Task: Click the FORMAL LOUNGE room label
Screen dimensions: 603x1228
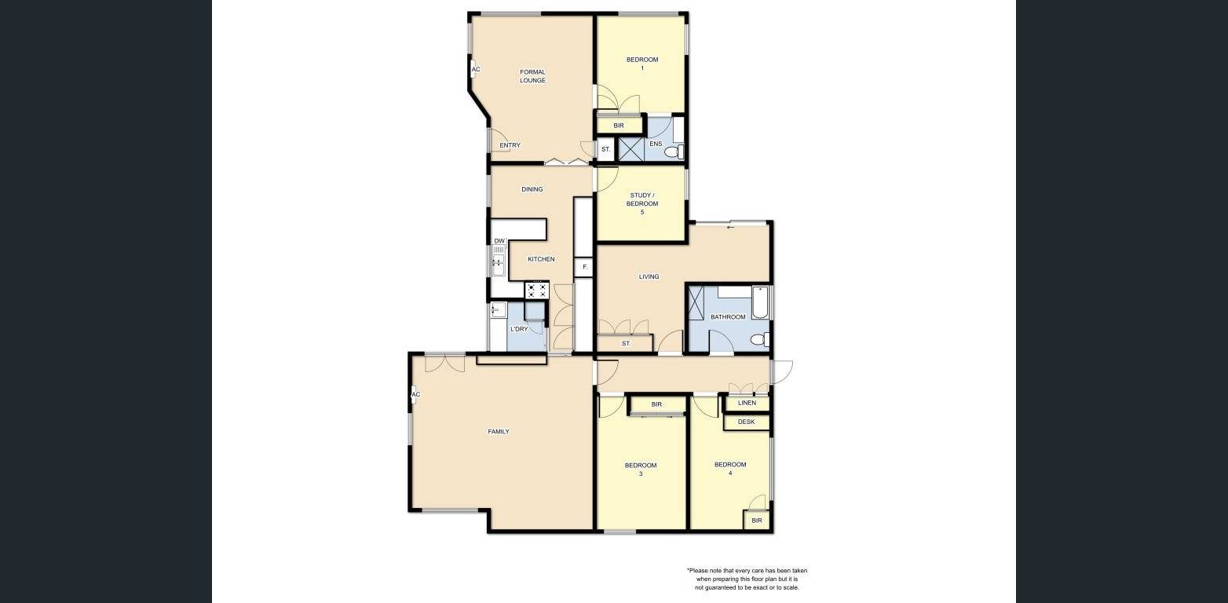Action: (532, 76)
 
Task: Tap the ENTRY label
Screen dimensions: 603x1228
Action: (510, 145)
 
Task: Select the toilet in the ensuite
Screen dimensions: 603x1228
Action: (673, 152)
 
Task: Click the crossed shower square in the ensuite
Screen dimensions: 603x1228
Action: (630, 149)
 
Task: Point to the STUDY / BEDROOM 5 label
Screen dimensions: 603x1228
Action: (642, 203)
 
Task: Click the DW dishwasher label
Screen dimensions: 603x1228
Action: (499, 241)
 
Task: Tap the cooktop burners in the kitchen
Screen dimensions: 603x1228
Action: (536, 291)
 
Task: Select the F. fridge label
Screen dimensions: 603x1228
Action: (584, 268)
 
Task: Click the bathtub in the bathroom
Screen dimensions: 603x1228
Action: (759, 303)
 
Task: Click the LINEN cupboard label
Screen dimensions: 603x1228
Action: (747, 403)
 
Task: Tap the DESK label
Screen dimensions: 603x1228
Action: (746, 422)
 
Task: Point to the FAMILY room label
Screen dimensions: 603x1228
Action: (499, 431)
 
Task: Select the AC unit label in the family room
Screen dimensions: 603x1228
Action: (415, 394)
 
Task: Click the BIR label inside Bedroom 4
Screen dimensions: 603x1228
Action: (756, 521)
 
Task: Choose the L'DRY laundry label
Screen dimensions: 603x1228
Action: (518, 329)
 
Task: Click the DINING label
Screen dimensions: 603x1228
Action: (532, 189)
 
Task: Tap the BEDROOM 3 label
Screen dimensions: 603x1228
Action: (641, 470)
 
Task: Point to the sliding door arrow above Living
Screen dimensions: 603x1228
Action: (730, 228)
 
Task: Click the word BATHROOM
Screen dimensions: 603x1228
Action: (728, 317)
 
